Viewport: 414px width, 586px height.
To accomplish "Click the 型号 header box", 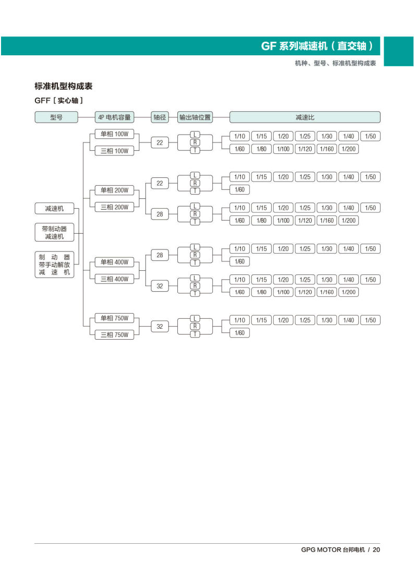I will [x=56, y=117].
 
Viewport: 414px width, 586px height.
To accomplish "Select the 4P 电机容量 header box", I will [x=114, y=117].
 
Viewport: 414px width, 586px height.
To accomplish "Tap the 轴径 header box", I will [x=160, y=117].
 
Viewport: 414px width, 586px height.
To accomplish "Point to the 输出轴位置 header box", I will [x=195, y=117].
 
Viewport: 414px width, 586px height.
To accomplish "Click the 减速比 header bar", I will [x=305, y=117].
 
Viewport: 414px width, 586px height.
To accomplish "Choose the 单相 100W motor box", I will [x=114, y=134].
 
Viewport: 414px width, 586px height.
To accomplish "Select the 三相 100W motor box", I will [x=114, y=151].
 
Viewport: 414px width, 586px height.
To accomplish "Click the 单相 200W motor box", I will [x=114, y=190].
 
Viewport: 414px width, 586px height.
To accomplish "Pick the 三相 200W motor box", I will [x=114, y=207].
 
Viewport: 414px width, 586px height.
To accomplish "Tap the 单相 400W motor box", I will [x=114, y=262].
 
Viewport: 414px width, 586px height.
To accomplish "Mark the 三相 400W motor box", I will [x=114, y=279].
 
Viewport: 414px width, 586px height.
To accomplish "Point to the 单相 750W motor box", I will [x=114, y=318].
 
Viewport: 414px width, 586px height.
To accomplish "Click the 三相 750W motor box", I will [x=114, y=335].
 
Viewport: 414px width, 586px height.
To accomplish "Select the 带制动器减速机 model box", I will [x=54, y=233].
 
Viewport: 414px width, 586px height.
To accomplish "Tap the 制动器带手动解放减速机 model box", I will [x=54, y=265].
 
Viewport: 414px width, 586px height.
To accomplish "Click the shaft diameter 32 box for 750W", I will [x=160, y=327].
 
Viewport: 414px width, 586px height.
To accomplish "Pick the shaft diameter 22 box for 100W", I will [x=160, y=142].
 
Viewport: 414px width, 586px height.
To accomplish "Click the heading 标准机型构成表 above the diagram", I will [x=64, y=87].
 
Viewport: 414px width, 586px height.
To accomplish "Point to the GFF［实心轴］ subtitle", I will [x=58, y=100].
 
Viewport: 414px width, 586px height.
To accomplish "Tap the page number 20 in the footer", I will [x=376, y=549].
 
